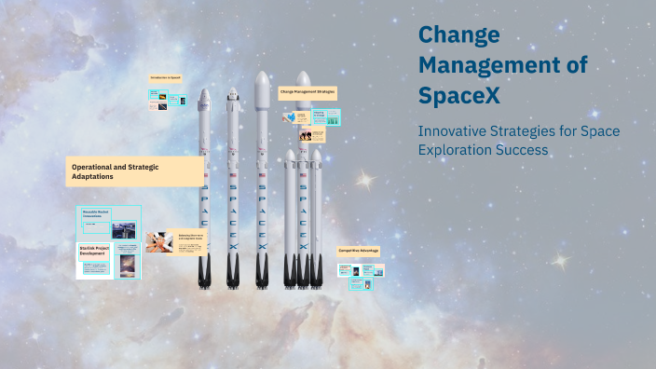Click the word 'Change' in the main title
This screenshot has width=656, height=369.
click(458, 35)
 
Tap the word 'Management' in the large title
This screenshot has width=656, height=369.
click(502, 64)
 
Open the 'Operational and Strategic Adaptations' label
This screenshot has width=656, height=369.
click(135, 171)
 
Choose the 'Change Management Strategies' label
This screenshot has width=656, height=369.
click(307, 93)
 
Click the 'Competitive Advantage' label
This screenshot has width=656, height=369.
click(359, 252)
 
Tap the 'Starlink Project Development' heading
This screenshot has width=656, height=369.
click(99, 252)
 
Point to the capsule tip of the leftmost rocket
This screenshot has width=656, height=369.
click(205, 96)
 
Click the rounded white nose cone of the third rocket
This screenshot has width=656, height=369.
click(262, 86)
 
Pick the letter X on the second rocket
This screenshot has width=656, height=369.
click(232, 247)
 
